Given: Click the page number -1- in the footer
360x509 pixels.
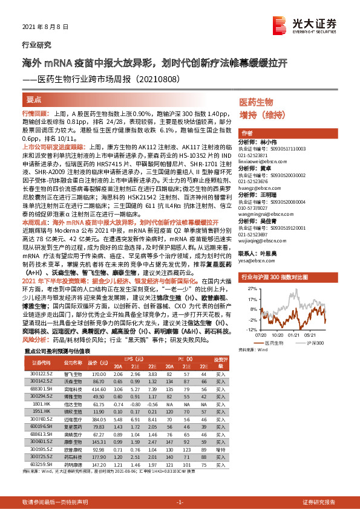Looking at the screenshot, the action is (180, 501).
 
